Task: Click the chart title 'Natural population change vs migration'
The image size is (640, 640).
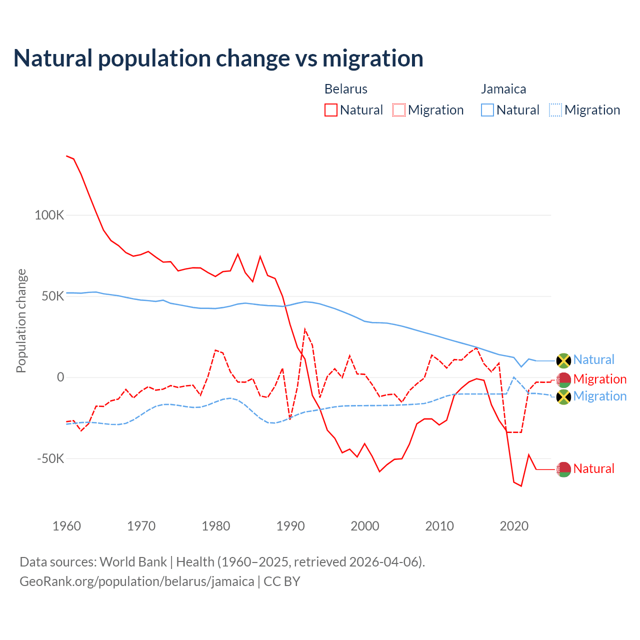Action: [218, 58]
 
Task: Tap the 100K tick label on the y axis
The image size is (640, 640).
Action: [49, 215]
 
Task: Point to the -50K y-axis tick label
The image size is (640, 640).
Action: [50, 458]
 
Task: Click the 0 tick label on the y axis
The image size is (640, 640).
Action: [60, 377]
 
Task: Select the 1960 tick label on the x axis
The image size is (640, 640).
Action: [66, 526]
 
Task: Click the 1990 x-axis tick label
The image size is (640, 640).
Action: [290, 526]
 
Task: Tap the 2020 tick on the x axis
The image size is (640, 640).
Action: [514, 526]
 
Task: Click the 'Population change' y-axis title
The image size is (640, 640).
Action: [21, 321]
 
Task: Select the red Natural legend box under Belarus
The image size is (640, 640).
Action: [331, 110]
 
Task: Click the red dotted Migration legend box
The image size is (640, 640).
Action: [399, 110]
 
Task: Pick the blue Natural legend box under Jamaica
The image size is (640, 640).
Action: [487, 110]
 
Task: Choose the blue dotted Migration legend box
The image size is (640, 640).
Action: [555, 110]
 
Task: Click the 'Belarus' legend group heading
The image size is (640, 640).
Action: [346, 89]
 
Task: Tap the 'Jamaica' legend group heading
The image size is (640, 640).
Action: [503, 89]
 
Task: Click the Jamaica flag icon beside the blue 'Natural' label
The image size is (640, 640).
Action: [563, 360]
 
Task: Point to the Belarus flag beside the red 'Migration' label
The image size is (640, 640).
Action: [563, 380]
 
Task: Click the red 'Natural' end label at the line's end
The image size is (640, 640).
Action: [593, 469]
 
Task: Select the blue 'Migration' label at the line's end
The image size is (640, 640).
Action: [599, 396]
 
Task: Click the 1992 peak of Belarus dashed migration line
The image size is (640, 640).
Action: [305, 329]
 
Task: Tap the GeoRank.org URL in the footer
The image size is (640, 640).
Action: [137, 581]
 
